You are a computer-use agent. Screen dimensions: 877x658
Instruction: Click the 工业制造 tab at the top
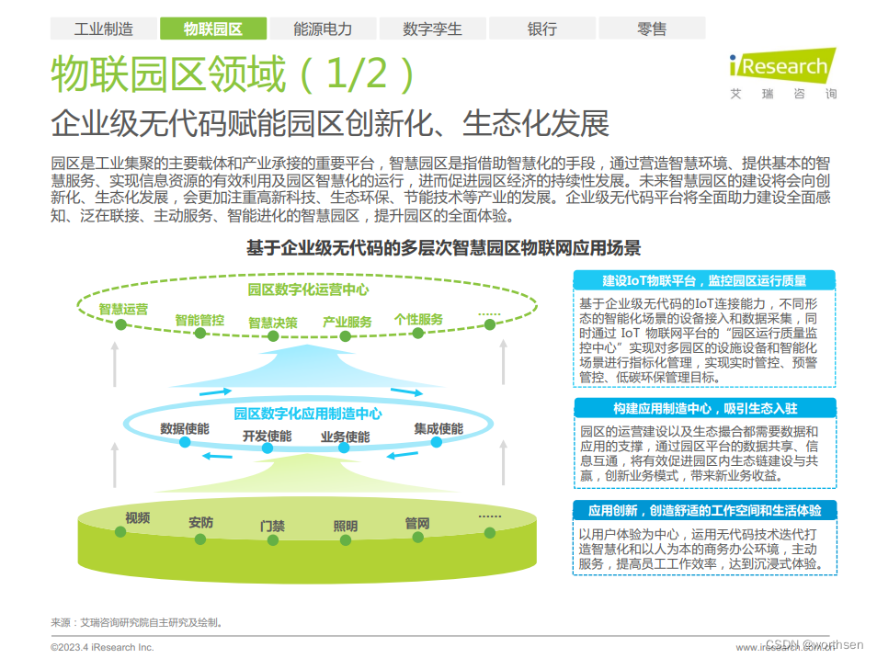(103, 28)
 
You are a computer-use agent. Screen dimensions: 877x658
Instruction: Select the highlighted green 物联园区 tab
(212, 28)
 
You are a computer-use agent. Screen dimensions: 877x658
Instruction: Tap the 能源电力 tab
(323, 28)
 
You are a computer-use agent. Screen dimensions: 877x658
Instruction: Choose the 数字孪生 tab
(432, 28)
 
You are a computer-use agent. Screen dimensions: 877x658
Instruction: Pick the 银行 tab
(541, 28)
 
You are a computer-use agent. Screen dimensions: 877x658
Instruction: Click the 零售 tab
(651, 28)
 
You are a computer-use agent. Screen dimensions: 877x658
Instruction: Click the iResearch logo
(782, 74)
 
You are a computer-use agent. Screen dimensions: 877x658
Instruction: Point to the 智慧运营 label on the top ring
(123, 310)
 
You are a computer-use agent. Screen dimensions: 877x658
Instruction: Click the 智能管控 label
(199, 320)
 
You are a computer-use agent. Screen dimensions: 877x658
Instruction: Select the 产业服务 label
(347, 322)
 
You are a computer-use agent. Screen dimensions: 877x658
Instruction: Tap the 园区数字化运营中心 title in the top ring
(308, 289)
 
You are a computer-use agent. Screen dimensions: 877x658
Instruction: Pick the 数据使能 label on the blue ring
(185, 429)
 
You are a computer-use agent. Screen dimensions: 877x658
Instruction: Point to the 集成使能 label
(438, 429)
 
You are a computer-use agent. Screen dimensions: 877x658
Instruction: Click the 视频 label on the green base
(137, 517)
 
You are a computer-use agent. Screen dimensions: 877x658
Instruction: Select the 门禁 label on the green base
(272, 527)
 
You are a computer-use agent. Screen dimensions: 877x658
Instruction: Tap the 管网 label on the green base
(417, 524)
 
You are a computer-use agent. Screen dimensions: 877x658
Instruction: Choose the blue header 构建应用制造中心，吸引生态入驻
(704, 408)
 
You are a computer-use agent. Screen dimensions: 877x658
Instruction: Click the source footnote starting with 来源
(137, 622)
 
